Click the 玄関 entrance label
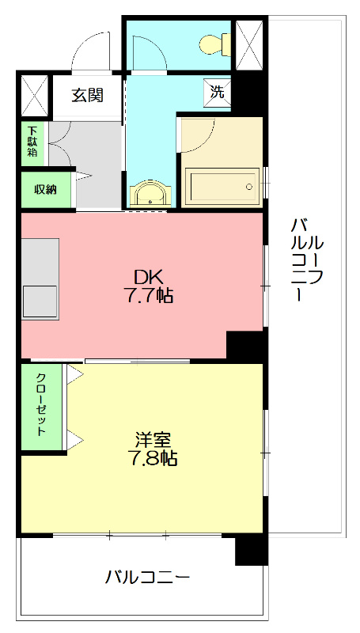pyautogui.click(x=87, y=96)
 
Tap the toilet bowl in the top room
pyautogui.click(x=211, y=44)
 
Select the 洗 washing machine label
pyautogui.click(x=218, y=91)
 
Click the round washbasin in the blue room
pyautogui.click(x=149, y=194)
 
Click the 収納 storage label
pyautogui.click(x=46, y=190)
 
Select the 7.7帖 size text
pyautogui.click(x=149, y=297)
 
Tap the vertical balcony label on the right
pyautogui.click(x=306, y=258)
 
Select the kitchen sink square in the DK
pyautogui.click(x=40, y=301)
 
